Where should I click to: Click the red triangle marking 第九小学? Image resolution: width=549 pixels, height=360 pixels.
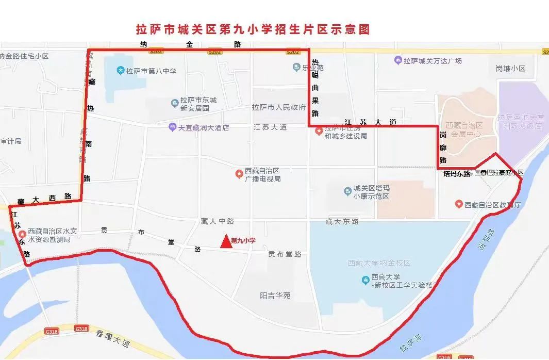pos(225,241)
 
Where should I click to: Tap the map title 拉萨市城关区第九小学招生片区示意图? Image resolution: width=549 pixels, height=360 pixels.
pos(253,29)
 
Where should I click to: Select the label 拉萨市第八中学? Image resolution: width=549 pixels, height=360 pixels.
pos(151,71)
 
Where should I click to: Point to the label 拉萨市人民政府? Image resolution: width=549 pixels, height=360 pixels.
pos(278,108)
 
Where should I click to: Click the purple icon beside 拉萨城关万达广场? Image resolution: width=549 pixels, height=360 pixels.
pos(397,61)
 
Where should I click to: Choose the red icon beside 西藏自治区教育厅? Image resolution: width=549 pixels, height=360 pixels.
pos(458,205)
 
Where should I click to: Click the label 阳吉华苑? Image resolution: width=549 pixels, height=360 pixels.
pos(275,296)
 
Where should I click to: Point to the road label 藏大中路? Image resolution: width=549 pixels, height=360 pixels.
pos(217,221)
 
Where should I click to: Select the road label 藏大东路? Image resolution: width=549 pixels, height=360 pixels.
pos(342,222)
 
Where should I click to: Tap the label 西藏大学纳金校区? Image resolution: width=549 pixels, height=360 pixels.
pos(379,263)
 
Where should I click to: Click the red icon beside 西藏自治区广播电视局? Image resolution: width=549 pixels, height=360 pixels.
pos(239,174)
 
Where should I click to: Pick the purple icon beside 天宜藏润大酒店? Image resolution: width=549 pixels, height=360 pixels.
pos(172,127)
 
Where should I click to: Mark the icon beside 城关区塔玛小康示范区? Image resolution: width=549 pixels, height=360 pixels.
pos(348,192)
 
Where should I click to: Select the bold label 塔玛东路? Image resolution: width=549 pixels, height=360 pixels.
pos(457,174)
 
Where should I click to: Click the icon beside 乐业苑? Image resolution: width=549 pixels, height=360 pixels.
pos(296,67)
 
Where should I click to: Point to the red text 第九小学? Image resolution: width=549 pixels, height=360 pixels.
pos(243,241)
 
